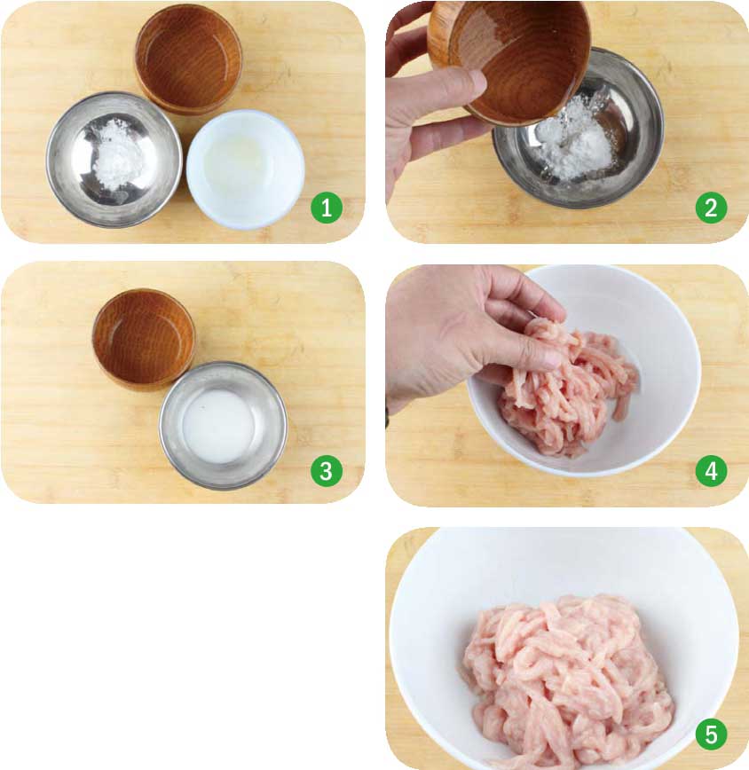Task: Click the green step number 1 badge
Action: (x=327, y=208)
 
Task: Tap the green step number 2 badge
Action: (x=711, y=208)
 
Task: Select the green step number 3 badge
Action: (x=327, y=471)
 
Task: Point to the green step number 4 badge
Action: (x=711, y=471)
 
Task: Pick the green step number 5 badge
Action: (x=711, y=735)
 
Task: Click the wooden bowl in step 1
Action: (x=189, y=59)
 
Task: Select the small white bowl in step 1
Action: (x=246, y=169)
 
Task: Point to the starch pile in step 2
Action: (x=575, y=140)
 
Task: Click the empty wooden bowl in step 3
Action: (x=144, y=339)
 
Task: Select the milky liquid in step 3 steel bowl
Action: (x=218, y=426)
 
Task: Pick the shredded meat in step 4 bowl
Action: (x=570, y=388)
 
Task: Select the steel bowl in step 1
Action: (x=114, y=160)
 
